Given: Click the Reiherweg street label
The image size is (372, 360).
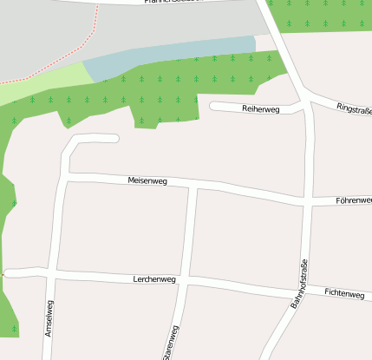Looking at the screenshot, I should point(260,109).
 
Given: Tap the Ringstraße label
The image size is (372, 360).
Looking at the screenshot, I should point(354,109).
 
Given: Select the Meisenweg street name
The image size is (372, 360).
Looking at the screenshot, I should point(147,180).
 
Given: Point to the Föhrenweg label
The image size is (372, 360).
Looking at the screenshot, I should point(353,200).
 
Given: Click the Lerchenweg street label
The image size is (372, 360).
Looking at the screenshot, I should point(154,279).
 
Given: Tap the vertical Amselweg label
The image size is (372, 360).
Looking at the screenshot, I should point(49,317).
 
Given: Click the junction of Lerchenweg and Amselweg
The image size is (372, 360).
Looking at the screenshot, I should point(53,274).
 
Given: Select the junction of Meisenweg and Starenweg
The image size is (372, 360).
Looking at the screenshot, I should point(194,186).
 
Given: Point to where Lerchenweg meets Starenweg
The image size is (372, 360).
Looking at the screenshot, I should point(186,281).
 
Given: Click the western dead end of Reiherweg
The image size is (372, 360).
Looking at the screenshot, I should point(213,107).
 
